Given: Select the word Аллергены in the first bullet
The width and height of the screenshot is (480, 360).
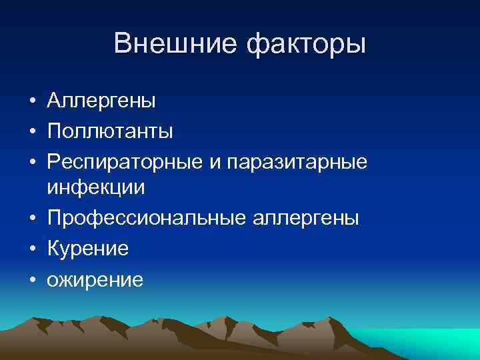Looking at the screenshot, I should click(x=101, y=101).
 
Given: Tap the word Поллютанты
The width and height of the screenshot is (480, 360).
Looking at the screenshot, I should click(x=110, y=131).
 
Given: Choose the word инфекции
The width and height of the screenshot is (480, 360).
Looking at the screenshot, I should click(x=96, y=188).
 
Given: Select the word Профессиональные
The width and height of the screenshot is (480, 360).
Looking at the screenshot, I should click(x=147, y=218).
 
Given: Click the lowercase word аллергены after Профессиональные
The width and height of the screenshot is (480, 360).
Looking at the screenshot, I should click(x=305, y=218).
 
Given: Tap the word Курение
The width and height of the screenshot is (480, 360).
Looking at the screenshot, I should click(x=88, y=249).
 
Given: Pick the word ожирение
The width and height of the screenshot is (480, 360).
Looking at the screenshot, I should click(x=95, y=279).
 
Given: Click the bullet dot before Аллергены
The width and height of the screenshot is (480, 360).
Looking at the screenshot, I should click(x=32, y=102).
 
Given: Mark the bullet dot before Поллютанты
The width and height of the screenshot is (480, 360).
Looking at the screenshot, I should click(x=32, y=132).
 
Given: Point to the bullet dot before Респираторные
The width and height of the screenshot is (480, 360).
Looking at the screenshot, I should click(x=32, y=162).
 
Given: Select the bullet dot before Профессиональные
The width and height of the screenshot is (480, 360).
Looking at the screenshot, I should click(x=32, y=219).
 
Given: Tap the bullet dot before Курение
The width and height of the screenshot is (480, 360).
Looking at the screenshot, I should click(x=32, y=249).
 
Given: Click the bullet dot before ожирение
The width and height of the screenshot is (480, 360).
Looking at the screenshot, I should click(x=32, y=279).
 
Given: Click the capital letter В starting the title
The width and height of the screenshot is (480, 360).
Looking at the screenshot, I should click(x=122, y=44).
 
